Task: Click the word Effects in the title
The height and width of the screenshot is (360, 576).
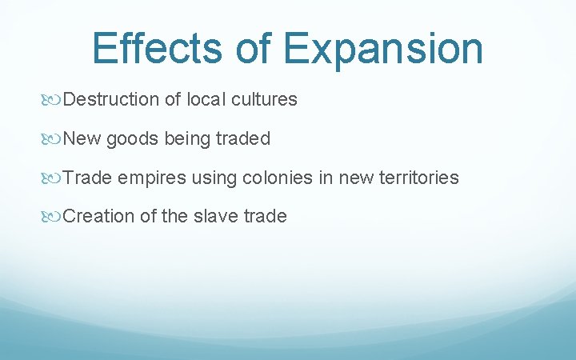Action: pyautogui.click(x=157, y=48)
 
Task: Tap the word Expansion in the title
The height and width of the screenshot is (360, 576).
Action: pyautogui.click(x=383, y=50)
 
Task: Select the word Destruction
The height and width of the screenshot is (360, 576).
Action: pyautogui.click(x=111, y=100)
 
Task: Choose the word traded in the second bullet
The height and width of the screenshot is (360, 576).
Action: pyautogui.click(x=243, y=138)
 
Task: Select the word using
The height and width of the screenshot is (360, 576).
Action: pyautogui.click(x=210, y=178)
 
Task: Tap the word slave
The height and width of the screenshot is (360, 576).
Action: pyautogui.click(x=218, y=216)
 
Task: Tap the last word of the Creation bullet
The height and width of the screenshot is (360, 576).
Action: pyautogui.click(x=265, y=216)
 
